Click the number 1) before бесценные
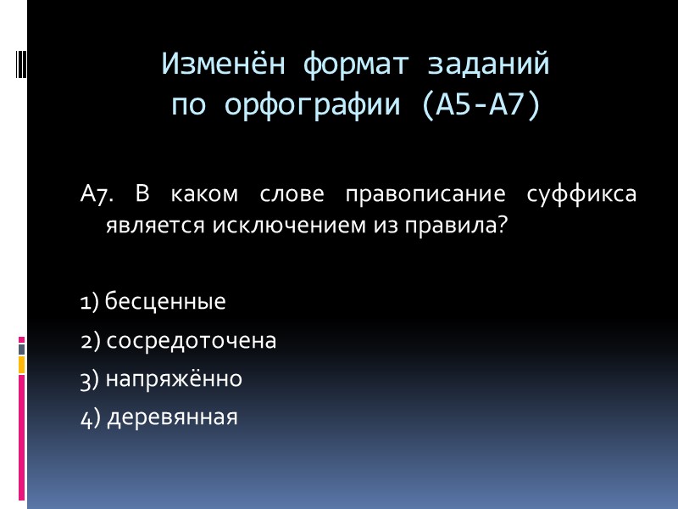pyautogui.click(x=90, y=301)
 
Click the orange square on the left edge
pyautogui.click(x=21, y=364)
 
